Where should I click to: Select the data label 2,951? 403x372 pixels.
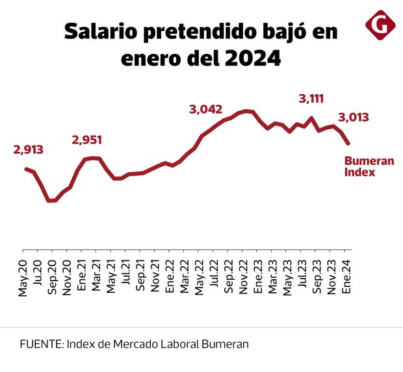coord(87,140)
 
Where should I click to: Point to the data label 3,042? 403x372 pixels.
coord(205,110)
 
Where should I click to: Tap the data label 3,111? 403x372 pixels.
coord(311,99)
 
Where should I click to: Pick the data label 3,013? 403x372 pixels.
coord(354,118)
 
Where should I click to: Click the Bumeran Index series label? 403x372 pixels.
coord(369,166)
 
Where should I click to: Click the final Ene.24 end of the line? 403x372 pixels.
coord(348,143)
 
